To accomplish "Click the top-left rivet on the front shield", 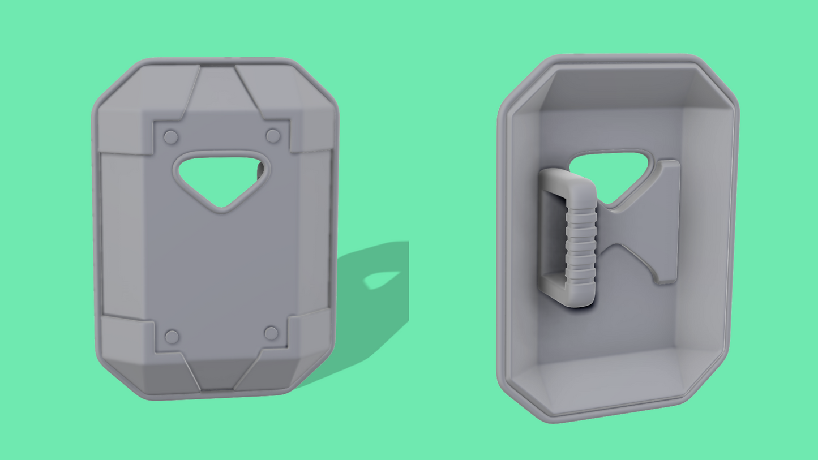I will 171,137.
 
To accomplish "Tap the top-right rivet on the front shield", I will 273,136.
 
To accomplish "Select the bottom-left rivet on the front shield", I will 172,337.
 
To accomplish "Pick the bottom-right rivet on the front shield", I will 271,333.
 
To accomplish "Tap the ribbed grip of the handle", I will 580,243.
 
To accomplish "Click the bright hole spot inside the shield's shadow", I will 382,279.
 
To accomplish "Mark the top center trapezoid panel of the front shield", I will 218,93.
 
